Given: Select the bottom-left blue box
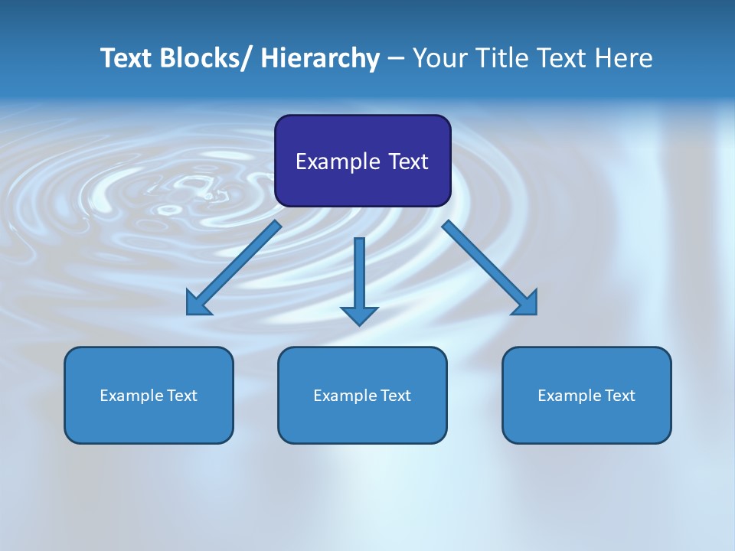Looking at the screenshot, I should (x=149, y=395).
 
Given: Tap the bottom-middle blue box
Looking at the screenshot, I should (x=362, y=395).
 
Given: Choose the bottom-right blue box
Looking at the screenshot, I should (x=586, y=395).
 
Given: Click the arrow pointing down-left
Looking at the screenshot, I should (x=234, y=268).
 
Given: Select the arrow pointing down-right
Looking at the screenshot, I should (x=490, y=268).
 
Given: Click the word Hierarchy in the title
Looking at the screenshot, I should (x=320, y=58).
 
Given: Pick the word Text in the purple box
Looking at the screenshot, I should (x=408, y=161).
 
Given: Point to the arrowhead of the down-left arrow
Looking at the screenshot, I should (x=198, y=303).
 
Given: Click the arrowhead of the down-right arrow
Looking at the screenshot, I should (x=526, y=303).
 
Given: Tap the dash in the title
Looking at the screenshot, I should (x=396, y=58).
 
